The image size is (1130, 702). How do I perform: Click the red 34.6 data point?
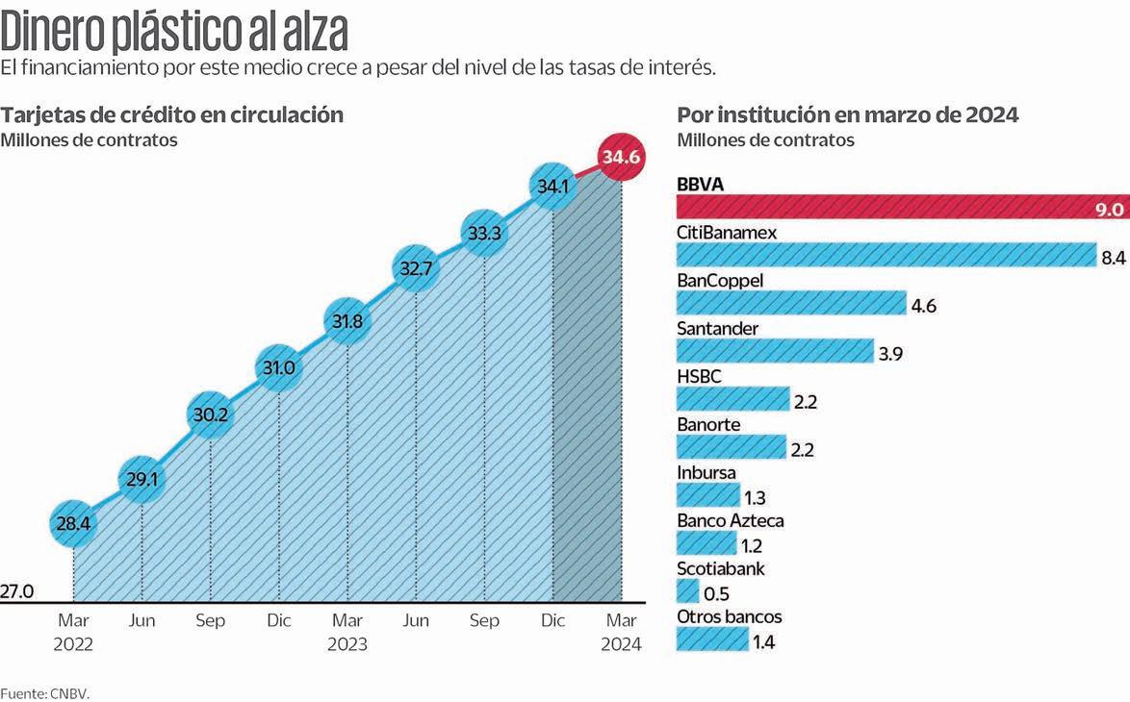coord(621,157)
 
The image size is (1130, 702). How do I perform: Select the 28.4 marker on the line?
coord(74,523)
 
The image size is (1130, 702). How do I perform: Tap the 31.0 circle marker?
coord(279,366)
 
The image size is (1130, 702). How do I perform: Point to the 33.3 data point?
coord(484,232)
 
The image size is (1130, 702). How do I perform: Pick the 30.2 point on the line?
coord(211,415)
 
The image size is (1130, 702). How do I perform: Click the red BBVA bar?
coord(902,207)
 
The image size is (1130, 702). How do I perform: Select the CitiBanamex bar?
coord(886,255)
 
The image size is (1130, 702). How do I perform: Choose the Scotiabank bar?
coord(688,590)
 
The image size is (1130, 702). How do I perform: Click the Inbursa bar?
coord(707,494)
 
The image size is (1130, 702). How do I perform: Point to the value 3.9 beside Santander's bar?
coord(890,353)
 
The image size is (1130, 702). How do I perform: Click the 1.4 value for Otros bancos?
coord(763,641)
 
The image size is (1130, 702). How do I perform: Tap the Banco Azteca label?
coord(731,520)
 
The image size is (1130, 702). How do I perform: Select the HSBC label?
coord(699,376)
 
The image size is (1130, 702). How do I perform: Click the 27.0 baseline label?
coord(17,591)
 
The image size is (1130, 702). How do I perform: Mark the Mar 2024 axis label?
coord(621,632)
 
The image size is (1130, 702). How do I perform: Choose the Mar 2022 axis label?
coord(73,632)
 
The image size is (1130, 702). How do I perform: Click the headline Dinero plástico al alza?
coord(174,33)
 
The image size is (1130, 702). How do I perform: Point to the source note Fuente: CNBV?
coord(44,692)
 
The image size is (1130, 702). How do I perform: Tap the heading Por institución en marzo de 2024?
coord(848,114)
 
